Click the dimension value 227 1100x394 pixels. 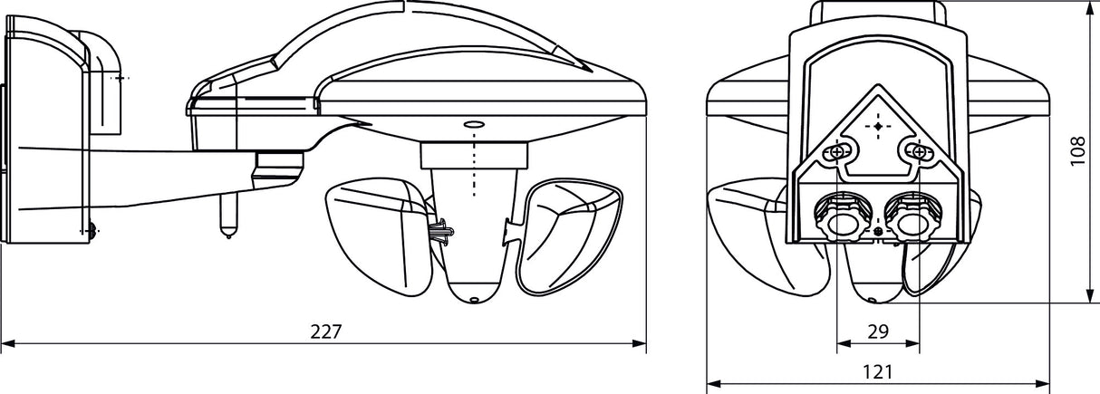(325, 332)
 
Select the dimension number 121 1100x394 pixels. (877, 373)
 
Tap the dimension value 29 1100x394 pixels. (878, 332)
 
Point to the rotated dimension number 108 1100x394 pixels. (1077, 151)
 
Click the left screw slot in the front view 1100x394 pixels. (837, 151)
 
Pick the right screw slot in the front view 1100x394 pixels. (918, 151)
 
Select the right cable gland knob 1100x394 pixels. (913, 218)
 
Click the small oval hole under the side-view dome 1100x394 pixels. (474, 125)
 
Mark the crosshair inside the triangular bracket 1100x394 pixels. (878, 126)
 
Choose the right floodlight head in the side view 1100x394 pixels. (570, 236)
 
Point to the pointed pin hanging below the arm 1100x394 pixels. (227, 215)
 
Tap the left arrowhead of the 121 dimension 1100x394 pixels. (713, 384)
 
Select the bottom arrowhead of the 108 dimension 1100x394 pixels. (1090, 296)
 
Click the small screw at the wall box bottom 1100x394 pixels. (92, 230)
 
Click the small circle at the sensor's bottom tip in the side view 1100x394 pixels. (473, 299)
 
